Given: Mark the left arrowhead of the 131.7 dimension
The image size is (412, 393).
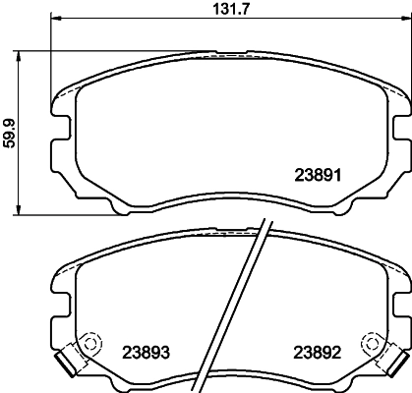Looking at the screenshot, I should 53,19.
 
